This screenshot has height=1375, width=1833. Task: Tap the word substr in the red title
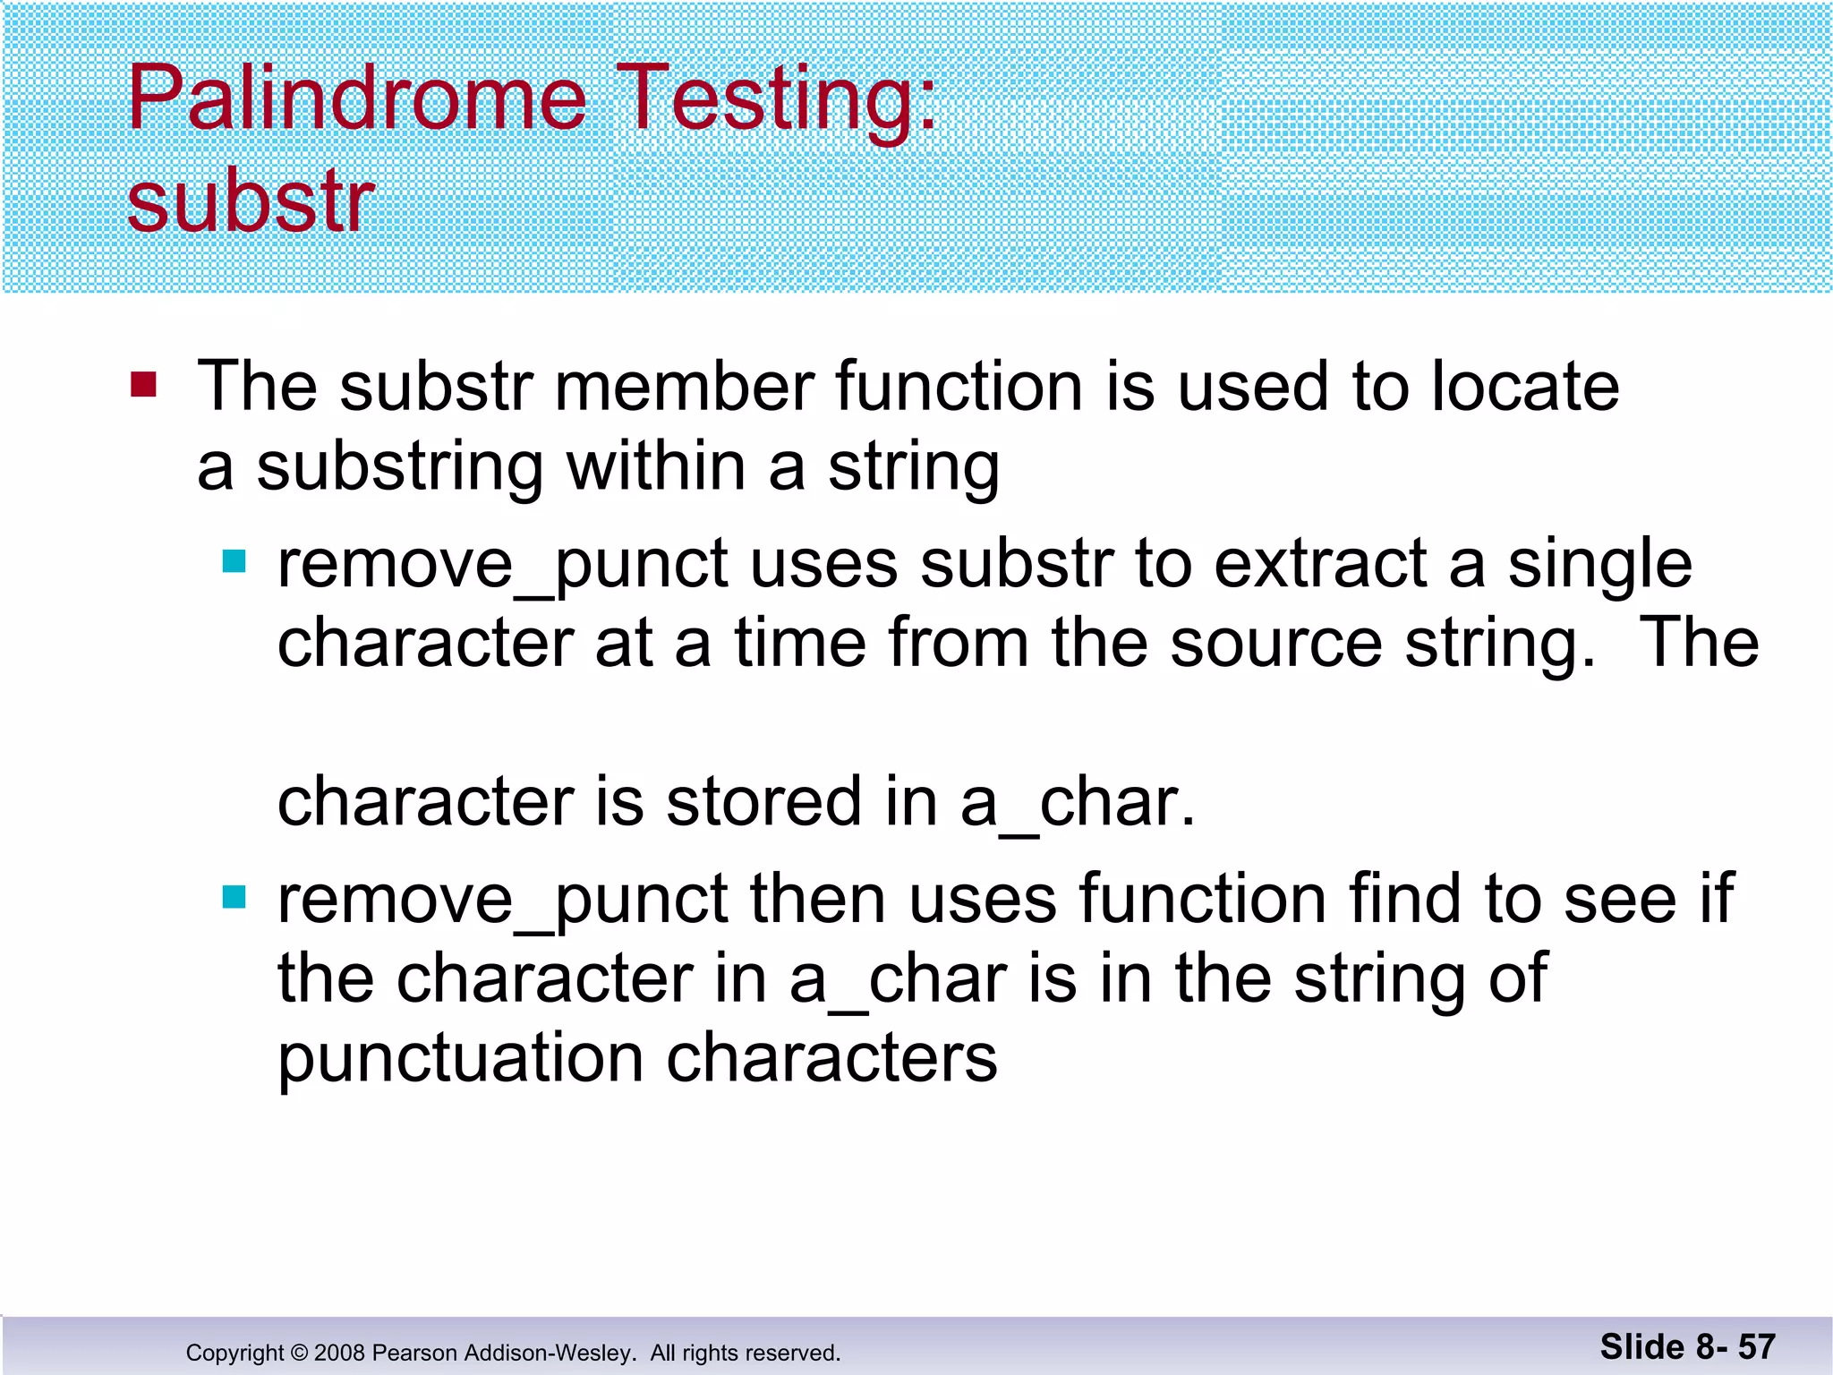click(x=251, y=204)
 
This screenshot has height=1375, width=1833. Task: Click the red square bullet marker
click(x=143, y=385)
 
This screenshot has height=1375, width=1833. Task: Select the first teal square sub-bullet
click(x=234, y=561)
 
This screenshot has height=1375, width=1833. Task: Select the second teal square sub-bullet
click(x=234, y=896)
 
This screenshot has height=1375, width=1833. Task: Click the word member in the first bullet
click(x=684, y=387)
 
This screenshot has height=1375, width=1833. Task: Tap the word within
click(x=656, y=467)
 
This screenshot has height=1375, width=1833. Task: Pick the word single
click(x=1599, y=566)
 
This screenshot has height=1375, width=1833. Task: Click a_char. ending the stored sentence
click(x=1077, y=803)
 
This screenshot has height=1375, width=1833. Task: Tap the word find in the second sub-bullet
click(x=1404, y=899)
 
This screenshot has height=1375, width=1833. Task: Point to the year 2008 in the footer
click(x=339, y=1353)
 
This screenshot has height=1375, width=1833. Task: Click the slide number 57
click(x=1756, y=1347)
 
